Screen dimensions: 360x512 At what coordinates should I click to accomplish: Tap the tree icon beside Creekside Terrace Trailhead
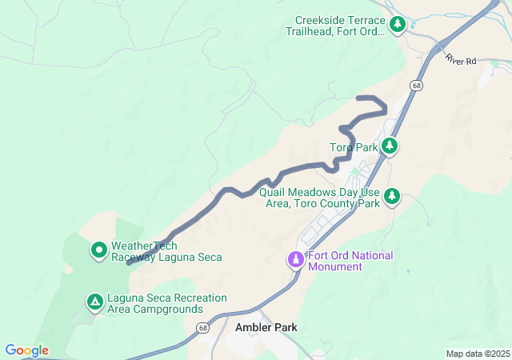[398, 26]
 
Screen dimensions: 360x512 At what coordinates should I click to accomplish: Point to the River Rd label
[461, 60]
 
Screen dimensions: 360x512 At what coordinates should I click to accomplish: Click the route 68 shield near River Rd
[416, 84]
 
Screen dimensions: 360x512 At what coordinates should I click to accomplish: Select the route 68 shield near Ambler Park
[205, 329]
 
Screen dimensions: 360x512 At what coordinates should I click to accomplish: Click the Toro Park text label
[354, 147]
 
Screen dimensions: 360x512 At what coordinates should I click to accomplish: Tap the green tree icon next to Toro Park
[390, 146]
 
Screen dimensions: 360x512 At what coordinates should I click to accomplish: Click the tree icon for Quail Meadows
[391, 196]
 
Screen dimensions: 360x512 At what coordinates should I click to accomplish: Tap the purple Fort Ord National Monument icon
[295, 260]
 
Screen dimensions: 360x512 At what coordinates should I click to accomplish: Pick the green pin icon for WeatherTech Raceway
[99, 250]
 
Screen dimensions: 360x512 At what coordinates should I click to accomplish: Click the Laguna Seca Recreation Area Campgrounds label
[155, 303]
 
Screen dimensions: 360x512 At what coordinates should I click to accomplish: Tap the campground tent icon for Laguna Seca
[94, 302]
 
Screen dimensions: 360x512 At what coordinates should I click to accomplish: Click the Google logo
[27, 350]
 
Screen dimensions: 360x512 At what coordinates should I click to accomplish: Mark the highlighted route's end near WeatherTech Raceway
[129, 262]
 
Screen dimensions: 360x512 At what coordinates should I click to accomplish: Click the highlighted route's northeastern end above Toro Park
[358, 98]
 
